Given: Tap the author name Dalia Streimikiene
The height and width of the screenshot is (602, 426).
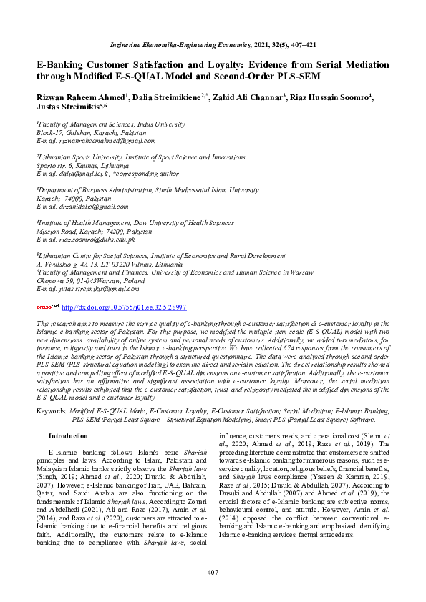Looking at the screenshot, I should (169, 97).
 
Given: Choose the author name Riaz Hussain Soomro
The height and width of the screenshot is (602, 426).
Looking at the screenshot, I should (330, 97).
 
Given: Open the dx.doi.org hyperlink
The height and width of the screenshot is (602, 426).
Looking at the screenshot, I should (124, 307).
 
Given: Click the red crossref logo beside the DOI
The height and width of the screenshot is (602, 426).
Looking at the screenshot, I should (48, 306).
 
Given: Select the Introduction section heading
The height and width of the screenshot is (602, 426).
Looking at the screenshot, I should (68, 435).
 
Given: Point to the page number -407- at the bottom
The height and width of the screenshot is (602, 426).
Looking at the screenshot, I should (213, 573).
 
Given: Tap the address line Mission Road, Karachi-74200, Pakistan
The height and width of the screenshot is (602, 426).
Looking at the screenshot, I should (94, 231).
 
